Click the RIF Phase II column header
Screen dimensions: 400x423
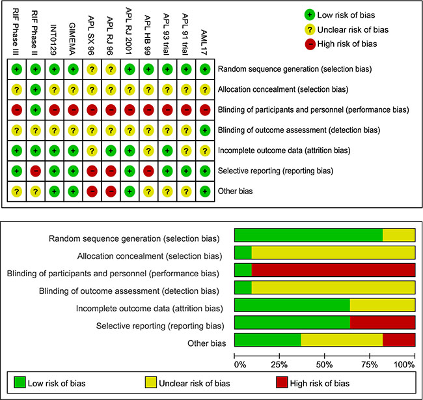[35, 29]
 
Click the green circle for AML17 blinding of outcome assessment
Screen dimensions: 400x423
[205, 130]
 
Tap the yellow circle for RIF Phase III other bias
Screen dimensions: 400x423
[16, 192]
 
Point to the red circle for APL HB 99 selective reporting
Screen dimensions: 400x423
[148, 172]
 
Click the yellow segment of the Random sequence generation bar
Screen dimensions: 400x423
[398, 235]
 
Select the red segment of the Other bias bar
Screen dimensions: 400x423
[398, 339]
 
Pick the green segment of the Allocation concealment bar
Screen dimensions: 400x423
[243, 253]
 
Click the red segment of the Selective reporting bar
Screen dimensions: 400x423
[382, 322]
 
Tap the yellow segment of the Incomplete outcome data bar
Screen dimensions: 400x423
[382, 305]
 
